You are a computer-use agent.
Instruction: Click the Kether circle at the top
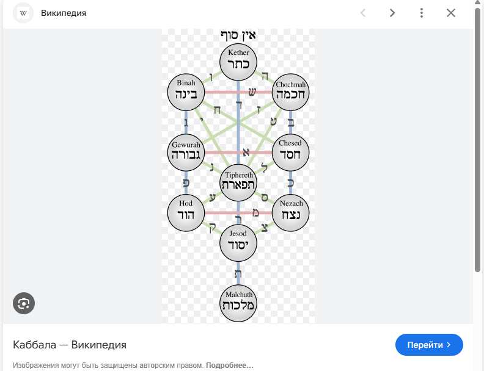click(x=238, y=62)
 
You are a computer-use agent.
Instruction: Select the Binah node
click(x=186, y=92)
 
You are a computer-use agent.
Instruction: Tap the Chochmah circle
click(x=291, y=92)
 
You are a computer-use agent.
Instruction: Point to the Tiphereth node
click(x=238, y=182)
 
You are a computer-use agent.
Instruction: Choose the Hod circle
click(x=186, y=212)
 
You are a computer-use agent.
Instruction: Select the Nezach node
click(x=291, y=212)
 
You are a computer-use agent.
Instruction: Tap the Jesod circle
click(x=238, y=243)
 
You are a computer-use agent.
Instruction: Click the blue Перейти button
click(x=429, y=345)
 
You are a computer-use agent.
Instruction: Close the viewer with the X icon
click(x=451, y=13)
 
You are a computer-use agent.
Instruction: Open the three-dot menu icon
click(x=422, y=13)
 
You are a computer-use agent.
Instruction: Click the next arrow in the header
click(x=392, y=13)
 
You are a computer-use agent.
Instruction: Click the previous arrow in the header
click(x=363, y=13)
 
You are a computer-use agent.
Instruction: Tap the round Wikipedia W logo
click(x=23, y=13)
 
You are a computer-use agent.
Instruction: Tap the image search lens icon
click(x=24, y=303)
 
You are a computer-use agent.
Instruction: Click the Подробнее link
click(x=230, y=366)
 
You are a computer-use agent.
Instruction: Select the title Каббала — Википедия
click(x=70, y=345)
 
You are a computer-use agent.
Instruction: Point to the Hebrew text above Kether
click(x=238, y=35)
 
